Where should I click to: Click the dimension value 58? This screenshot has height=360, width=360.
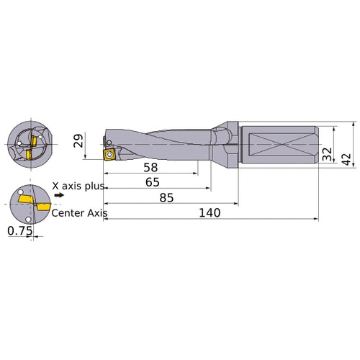(151, 167)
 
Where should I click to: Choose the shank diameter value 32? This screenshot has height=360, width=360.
(327, 154)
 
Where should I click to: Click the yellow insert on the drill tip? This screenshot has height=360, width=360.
(109, 153)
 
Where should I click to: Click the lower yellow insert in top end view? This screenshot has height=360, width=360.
(27, 154)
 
